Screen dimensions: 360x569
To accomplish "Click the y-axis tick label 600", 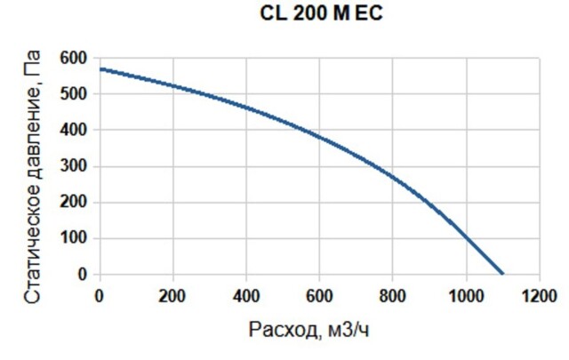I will pyautogui.click(x=76, y=59).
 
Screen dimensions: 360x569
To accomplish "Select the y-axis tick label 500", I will pyautogui.click(x=76, y=94).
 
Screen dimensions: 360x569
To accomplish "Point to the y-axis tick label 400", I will pyautogui.click(x=76, y=131).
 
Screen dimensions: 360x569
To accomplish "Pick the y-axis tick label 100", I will pyautogui.click(x=76, y=238).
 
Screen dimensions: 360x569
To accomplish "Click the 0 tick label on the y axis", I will pyautogui.click(x=83, y=275).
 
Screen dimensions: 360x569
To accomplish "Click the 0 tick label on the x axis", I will pyautogui.click(x=99, y=296).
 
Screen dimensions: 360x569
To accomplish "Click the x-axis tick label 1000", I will pyautogui.click(x=465, y=296).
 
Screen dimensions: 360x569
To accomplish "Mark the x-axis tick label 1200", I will pyautogui.click(x=539, y=296).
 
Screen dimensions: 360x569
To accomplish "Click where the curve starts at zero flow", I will pyautogui.click(x=100, y=68).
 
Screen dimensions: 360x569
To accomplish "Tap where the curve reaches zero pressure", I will pyautogui.click(x=502, y=274).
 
